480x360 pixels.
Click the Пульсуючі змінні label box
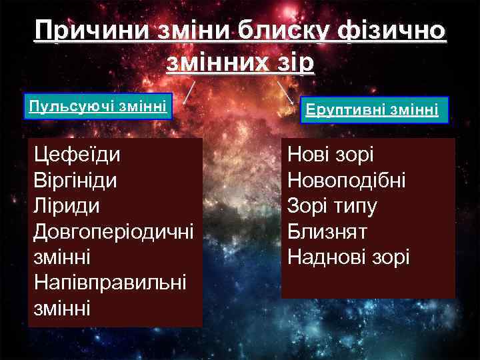point(99,106)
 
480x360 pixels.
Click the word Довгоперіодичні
point(113,232)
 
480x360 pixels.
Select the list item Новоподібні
point(346,181)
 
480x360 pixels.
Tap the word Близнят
point(327,231)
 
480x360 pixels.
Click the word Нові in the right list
point(310,155)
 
